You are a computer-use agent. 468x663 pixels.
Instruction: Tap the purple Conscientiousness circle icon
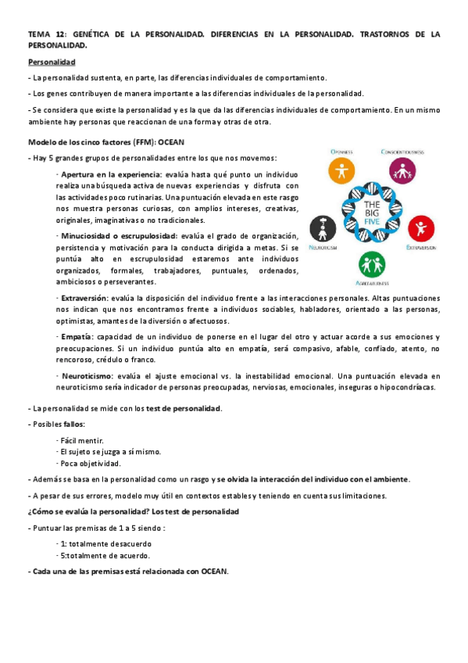[x=401, y=170]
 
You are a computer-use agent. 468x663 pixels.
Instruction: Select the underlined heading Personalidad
[x=51, y=61]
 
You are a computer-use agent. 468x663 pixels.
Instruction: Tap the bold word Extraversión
[x=85, y=298]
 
